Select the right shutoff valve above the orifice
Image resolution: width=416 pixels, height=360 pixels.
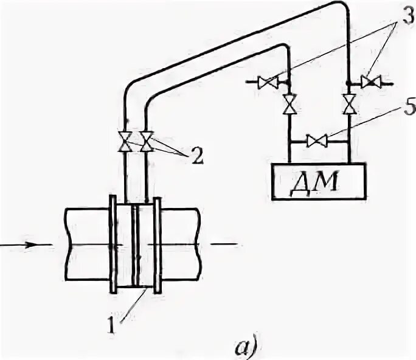(147, 142)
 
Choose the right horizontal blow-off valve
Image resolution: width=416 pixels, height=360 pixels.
(369, 81)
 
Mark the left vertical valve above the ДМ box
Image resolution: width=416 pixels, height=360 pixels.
(289, 105)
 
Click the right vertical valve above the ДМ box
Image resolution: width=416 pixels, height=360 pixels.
(348, 105)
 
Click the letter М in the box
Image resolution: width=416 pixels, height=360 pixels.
(332, 181)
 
